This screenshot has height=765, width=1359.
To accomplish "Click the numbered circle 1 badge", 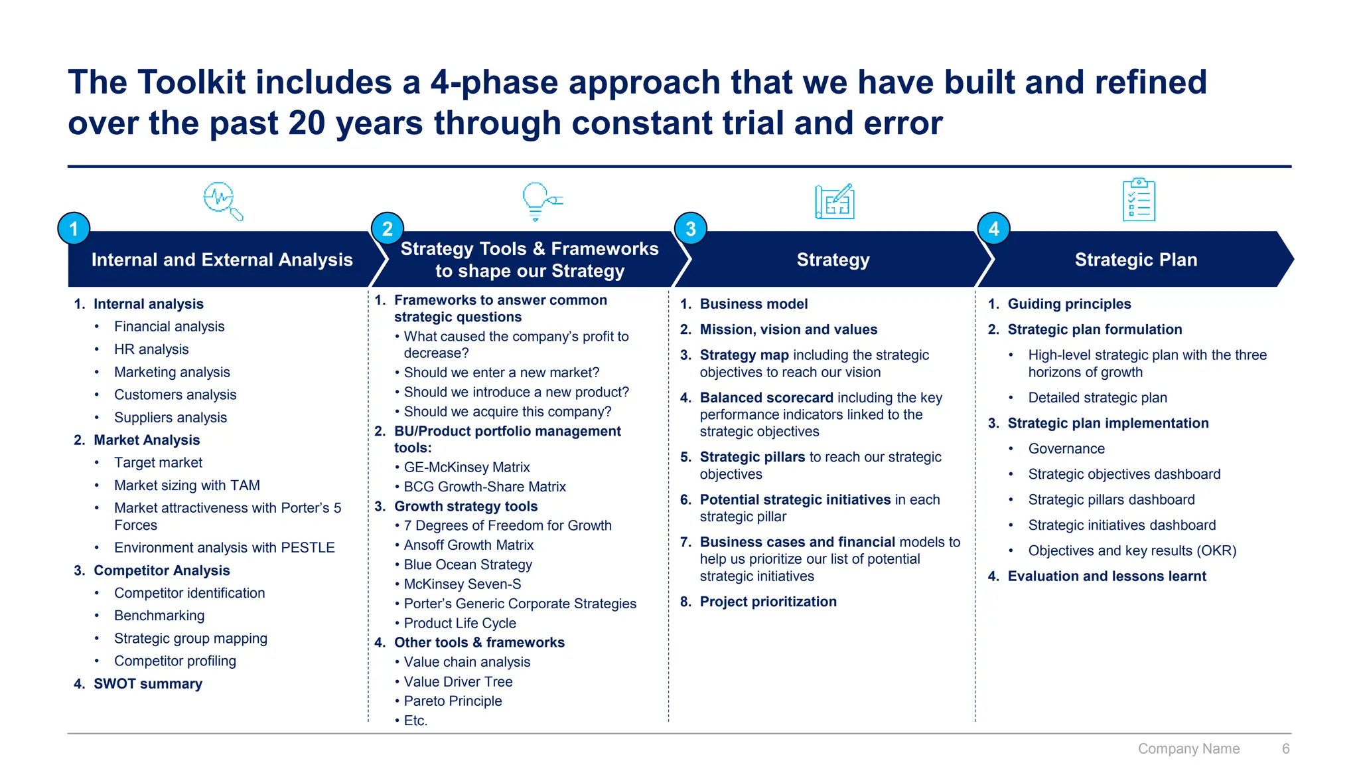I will point(74,229).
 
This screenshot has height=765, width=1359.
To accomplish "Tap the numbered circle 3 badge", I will point(691,229).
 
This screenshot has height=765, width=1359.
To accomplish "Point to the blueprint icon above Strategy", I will point(834,201).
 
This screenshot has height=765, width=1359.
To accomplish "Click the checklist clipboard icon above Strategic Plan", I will point(1139,200).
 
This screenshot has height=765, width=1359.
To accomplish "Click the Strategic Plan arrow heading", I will point(1135,260).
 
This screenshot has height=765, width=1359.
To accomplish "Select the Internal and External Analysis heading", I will point(222,260).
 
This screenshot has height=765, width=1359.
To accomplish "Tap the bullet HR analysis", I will point(151,349).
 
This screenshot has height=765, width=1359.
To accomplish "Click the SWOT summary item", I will point(147,683).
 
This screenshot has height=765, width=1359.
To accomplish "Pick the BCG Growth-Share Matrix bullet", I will point(484,487).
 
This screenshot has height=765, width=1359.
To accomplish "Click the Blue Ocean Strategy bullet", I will point(468,564).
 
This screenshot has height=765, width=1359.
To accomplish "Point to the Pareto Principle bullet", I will point(453,701).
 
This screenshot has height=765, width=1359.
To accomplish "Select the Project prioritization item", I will point(768,602).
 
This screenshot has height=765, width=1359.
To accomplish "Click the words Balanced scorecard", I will point(766,398).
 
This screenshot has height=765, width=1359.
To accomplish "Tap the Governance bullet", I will point(1066,449).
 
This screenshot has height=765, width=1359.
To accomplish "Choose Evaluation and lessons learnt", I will point(1106,576).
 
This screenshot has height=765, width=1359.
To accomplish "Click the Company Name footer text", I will point(1188,748).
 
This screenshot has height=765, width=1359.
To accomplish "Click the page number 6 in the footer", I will point(1285,748).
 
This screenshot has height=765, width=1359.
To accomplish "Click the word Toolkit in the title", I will point(198,82).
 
